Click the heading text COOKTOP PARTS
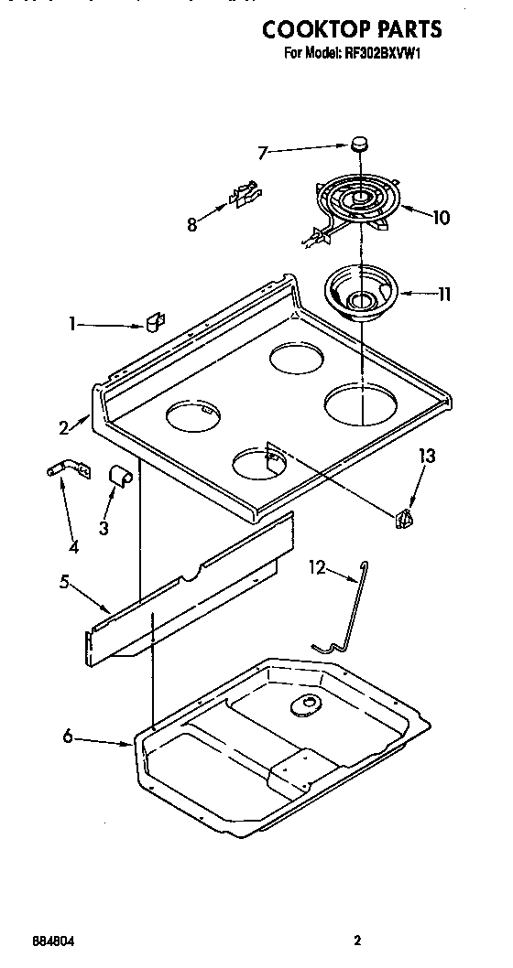pos(352,29)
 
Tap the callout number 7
pos(263,153)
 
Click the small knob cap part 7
pos(360,144)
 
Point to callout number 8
pos(192,225)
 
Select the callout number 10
pos(440,218)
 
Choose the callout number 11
pos(442,295)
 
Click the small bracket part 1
pos(153,321)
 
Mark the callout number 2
pos(64,426)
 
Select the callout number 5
pos(64,581)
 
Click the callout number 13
pos(425,456)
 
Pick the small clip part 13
pos(403,519)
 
